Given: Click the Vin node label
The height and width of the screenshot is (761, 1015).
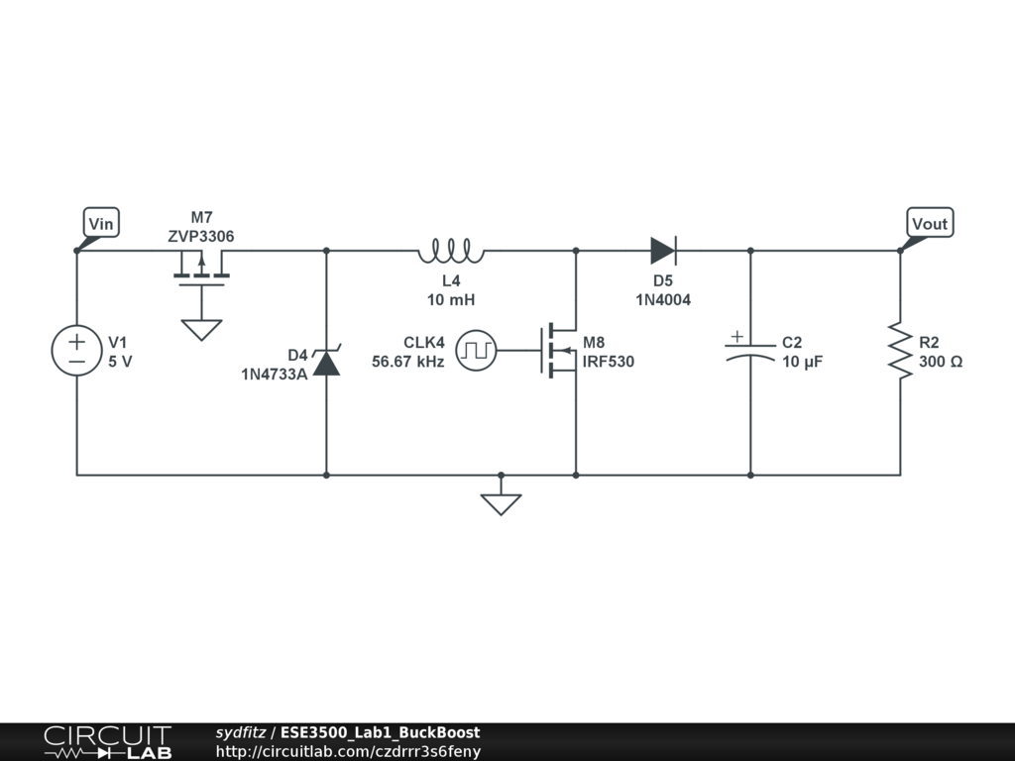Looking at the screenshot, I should point(101,224).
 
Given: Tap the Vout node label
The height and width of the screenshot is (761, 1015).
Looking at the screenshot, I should point(929,224).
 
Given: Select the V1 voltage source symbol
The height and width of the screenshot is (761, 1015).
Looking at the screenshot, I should point(76,351).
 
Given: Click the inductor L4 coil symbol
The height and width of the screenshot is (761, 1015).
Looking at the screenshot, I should point(451,252).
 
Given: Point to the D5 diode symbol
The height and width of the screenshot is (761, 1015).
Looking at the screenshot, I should point(663,251).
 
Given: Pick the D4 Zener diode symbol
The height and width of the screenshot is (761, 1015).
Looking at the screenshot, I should point(326,362).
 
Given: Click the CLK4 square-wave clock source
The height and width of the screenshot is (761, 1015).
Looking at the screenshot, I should point(482,350).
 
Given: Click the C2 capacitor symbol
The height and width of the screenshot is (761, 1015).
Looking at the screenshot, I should point(749,349).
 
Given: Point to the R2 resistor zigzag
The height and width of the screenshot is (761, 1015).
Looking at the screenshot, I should point(900,350).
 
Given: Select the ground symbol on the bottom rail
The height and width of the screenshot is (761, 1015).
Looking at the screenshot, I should point(501,503).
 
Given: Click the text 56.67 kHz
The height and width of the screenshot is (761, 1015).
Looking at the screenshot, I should point(408,362).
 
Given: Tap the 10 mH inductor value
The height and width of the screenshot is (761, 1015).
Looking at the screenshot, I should point(451,299).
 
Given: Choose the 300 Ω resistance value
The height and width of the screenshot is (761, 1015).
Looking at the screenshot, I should point(940,362).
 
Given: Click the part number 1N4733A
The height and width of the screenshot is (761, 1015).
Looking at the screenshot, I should point(274,374).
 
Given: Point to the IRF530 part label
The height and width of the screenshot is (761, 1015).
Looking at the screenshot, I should point(609,362).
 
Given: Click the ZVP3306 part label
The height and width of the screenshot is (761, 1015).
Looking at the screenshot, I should point(201,236).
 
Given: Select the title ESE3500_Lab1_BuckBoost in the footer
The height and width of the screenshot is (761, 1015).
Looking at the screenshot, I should point(381,733).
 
